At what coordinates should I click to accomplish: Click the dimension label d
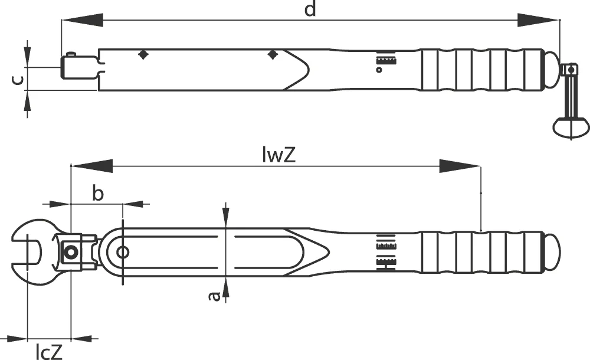pyautogui.click(x=310, y=9)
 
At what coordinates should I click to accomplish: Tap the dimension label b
pyautogui.click(x=97, y=194)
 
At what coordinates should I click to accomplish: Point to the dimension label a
pyautogui.click(x=214, y=296)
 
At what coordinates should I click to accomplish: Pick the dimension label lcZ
pyautogui.click(x=49, y=352)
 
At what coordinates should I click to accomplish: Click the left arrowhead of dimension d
pyautogui.click(x=82, y=20)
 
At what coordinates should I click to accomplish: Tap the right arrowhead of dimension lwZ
pyautogui.click(x=460, y=166)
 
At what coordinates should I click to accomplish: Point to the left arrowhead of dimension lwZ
pyautogui.click(x=91, y=166)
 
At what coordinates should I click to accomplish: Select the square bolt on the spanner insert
pyautogui.click(x=70, y=252)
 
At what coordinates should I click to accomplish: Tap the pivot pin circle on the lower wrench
pyautogui.click(x=122, y=251)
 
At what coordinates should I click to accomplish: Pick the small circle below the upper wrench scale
pyautogui.click(x=379, y=70)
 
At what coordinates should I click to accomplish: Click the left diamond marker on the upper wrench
pyautogui.click(x=143, y=55)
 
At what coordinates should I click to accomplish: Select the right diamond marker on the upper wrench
pyautogui.click(x=273, y=55)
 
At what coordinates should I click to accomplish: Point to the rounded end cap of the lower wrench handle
pyautogui.click(x=552, y=251)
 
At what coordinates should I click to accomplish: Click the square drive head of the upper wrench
pyautogui.click(x=79, y=67)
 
